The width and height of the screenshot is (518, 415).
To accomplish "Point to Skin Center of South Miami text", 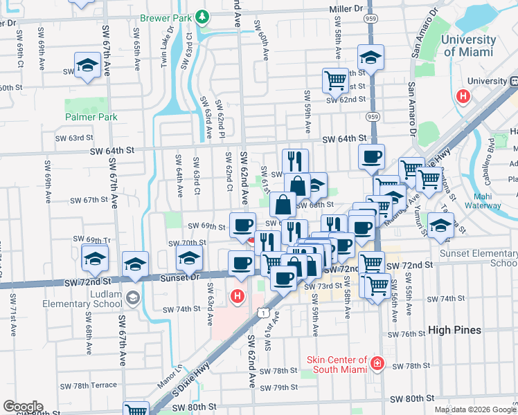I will (x=337, y=365).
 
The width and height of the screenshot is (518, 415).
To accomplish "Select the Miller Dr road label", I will (x=346, y=9).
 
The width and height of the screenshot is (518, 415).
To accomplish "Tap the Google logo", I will (x=23, y=407).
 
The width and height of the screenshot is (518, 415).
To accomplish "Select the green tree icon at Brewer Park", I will (x=202, y=15).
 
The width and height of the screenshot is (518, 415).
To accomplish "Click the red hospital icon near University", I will (x=463, y=97).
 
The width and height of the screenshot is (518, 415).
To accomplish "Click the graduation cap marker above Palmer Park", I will (x=88, y=65).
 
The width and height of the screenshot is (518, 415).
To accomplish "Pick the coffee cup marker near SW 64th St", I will (x=371, y=157).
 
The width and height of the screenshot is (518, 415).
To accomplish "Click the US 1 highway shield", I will (x=265, y=313).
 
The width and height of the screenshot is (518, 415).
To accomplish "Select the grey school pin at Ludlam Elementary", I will (x=132, y=298).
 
